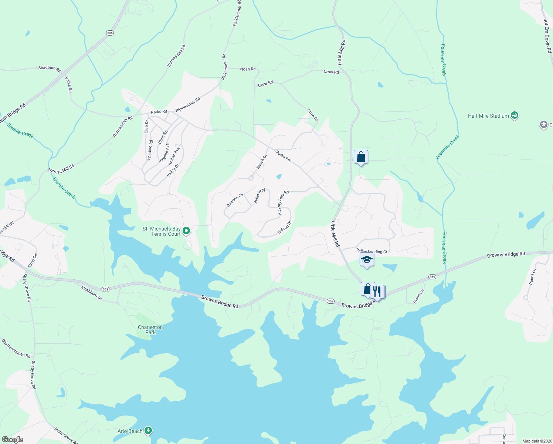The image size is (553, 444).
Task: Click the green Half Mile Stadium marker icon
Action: [514, 116]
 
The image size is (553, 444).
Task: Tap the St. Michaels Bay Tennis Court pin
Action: [187, 231]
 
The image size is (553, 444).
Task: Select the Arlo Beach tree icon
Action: [148, 430]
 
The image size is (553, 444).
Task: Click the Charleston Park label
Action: [150, 330]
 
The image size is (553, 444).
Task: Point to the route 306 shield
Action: [110, 33]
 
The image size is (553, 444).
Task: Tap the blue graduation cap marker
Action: [367, 260]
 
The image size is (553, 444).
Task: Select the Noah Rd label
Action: [248, 69]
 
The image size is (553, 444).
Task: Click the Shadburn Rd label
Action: [50, 68]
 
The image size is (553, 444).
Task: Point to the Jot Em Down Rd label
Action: [547, 36]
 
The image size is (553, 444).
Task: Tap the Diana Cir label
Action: [418, 296]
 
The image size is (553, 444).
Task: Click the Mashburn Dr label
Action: [91, 292]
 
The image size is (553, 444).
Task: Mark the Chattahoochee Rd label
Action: [16, 349]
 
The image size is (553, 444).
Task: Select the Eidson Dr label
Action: [285, 228]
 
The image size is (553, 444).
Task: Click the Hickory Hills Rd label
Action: [283, 203]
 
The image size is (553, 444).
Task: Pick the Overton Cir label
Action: [235, 200]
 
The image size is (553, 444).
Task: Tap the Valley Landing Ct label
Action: [372, 252]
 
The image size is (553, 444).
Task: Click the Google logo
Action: [12, 440]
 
